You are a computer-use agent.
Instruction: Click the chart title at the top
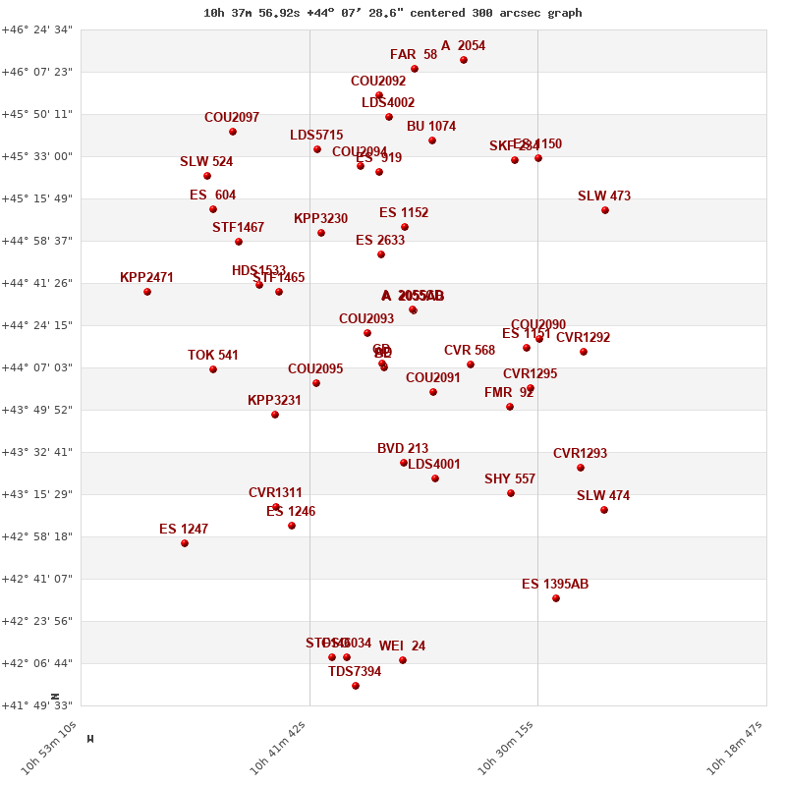tap(392, 13)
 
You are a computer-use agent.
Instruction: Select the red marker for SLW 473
tap(605, 210)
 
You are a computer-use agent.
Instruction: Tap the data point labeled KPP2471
tap(147, 292)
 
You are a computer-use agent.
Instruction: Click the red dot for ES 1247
tap(185, 543)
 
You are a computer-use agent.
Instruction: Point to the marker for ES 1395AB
tap(556, 598)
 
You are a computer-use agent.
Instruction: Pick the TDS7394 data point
tap(356, 686)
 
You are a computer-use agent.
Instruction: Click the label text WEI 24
tap(402, 646)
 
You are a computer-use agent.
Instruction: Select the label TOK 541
tap(213, 355)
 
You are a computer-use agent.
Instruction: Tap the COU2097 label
tap(232, 117)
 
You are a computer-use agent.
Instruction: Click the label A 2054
tap(463, 45)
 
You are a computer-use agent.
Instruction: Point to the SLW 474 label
tap(603, 495)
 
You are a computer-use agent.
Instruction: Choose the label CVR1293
tap(580, 453)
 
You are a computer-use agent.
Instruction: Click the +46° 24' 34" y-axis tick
tap(36, 29)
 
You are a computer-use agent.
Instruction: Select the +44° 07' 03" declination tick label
tap(36, 367)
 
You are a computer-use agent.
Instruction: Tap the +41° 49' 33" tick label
tap(36, 705)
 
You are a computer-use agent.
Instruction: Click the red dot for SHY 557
tap(511, 493)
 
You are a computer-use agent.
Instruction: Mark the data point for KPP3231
tap(275, 415)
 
